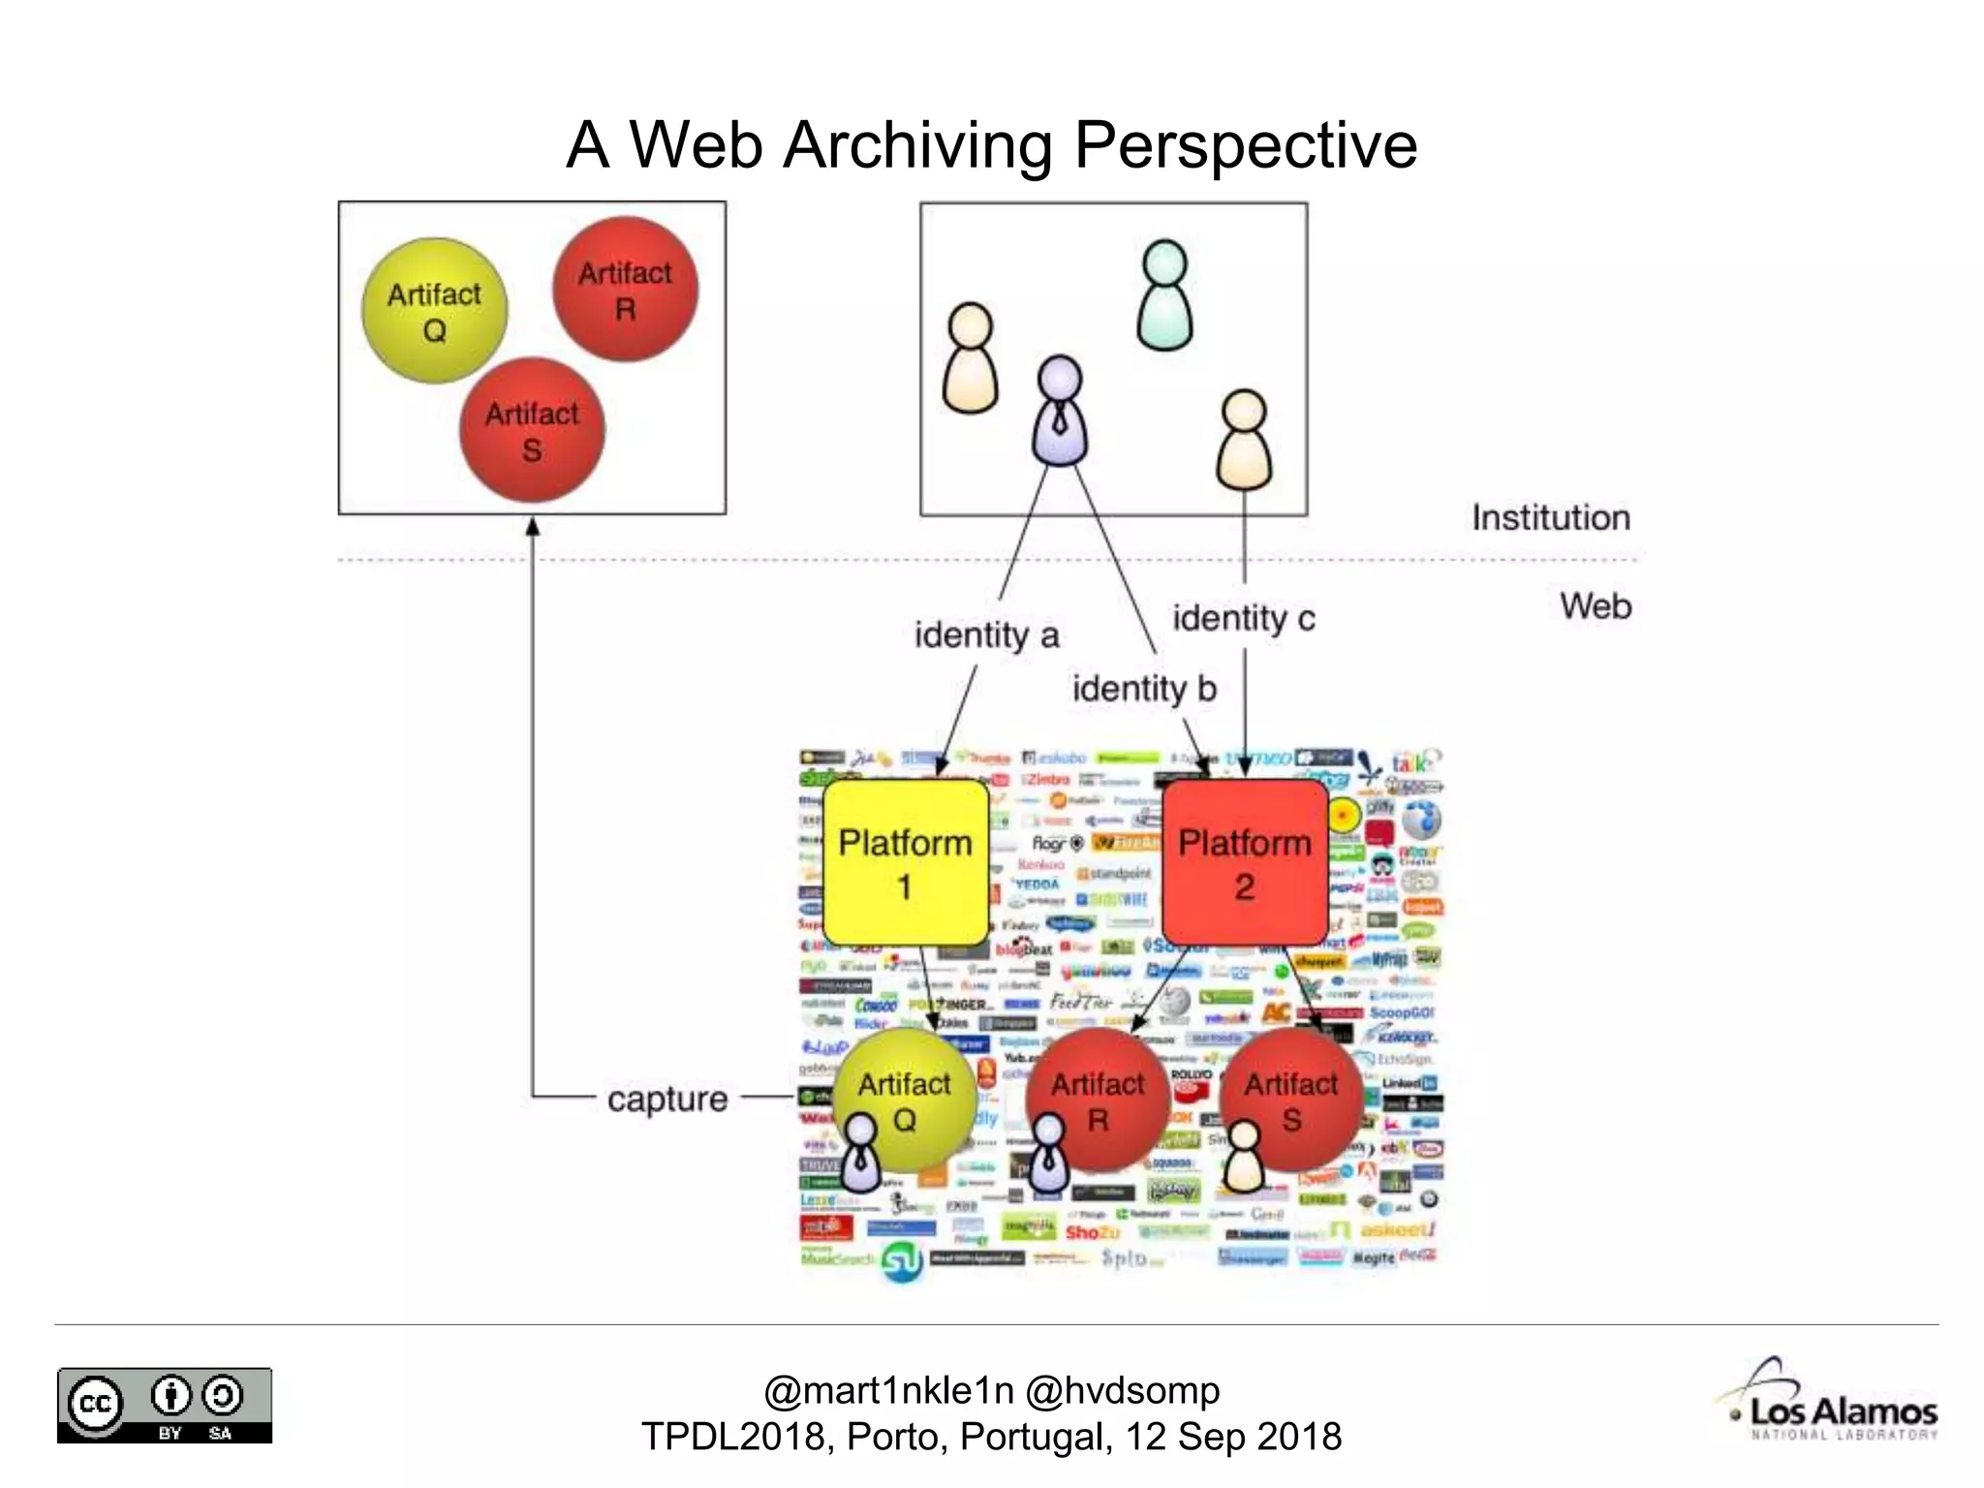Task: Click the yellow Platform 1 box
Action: point(905,862)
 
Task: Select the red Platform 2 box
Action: point(1244,862)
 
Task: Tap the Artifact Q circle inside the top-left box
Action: point(434,311)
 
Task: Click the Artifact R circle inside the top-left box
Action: point(625,290)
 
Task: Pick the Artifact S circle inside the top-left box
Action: point(532,430)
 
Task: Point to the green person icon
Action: point(1164,294)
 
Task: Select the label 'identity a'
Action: point(986,635)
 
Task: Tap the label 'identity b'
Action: point(1143,689)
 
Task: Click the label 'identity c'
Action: point(1244,618)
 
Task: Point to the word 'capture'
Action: point(667,1099)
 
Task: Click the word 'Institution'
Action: point(1550,517)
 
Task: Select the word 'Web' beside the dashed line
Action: point(1595,606)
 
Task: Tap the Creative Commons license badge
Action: point(164,1405)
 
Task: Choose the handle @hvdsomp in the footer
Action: point(1122,1390)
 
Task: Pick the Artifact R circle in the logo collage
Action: point(1099,1099)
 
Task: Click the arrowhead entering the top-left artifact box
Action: point(532,526)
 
